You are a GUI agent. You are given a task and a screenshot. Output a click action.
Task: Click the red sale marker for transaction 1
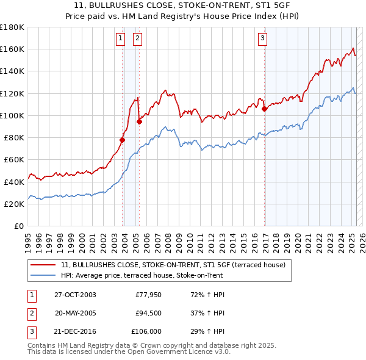coord(123,140)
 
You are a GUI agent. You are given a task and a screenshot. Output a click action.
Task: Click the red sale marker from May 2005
coord(139,121)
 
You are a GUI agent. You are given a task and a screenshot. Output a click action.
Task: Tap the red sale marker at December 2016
coord(264,109)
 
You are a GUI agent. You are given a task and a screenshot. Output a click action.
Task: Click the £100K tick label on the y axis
coord(12,115)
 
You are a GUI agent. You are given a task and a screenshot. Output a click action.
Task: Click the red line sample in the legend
coord(43,265)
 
